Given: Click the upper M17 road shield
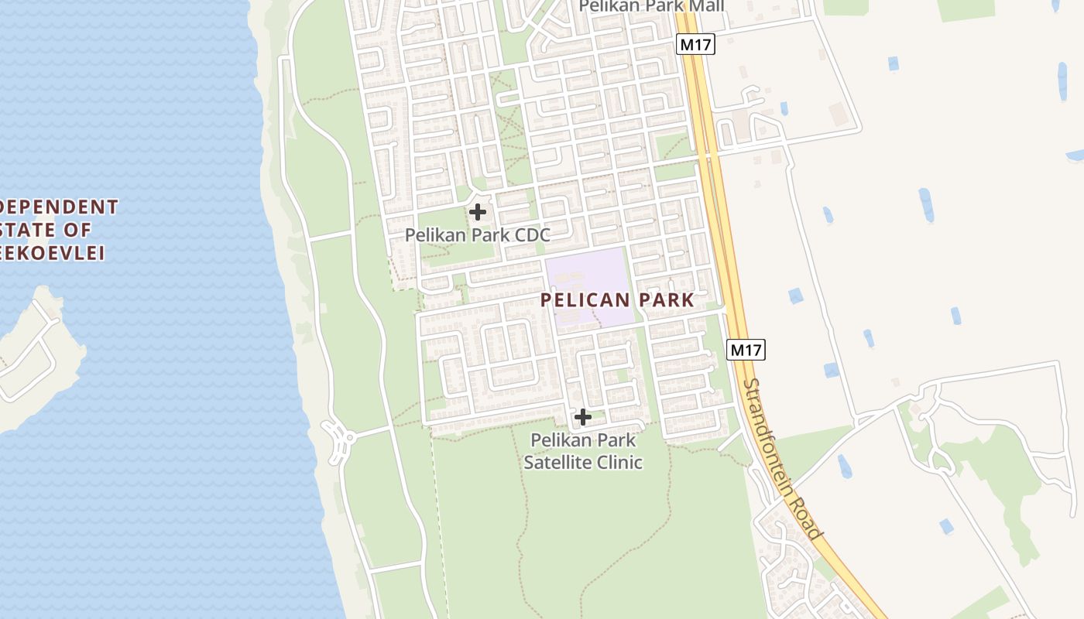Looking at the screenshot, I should click(x=695, y=45).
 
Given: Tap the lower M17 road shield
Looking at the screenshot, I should click(x=746, y=350).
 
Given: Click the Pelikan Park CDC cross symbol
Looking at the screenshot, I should click(x=478, y=211).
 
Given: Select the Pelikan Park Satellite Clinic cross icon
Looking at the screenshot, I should click(x=582, y=418).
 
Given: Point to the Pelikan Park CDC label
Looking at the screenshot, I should click(x=477, y=234).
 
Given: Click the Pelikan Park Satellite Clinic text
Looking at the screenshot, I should click(x=583, y=451).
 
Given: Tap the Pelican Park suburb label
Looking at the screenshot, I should click(x=616, y=300).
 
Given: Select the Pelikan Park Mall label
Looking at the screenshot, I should click(x=652, y=6).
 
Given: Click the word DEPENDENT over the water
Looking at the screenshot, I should click(x=59, y=207).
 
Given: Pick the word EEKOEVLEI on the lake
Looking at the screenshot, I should click(x=52, y=253).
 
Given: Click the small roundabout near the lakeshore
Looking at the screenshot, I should click(x=338, y=437).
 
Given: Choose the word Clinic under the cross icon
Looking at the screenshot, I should click(x=617, y=463).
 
